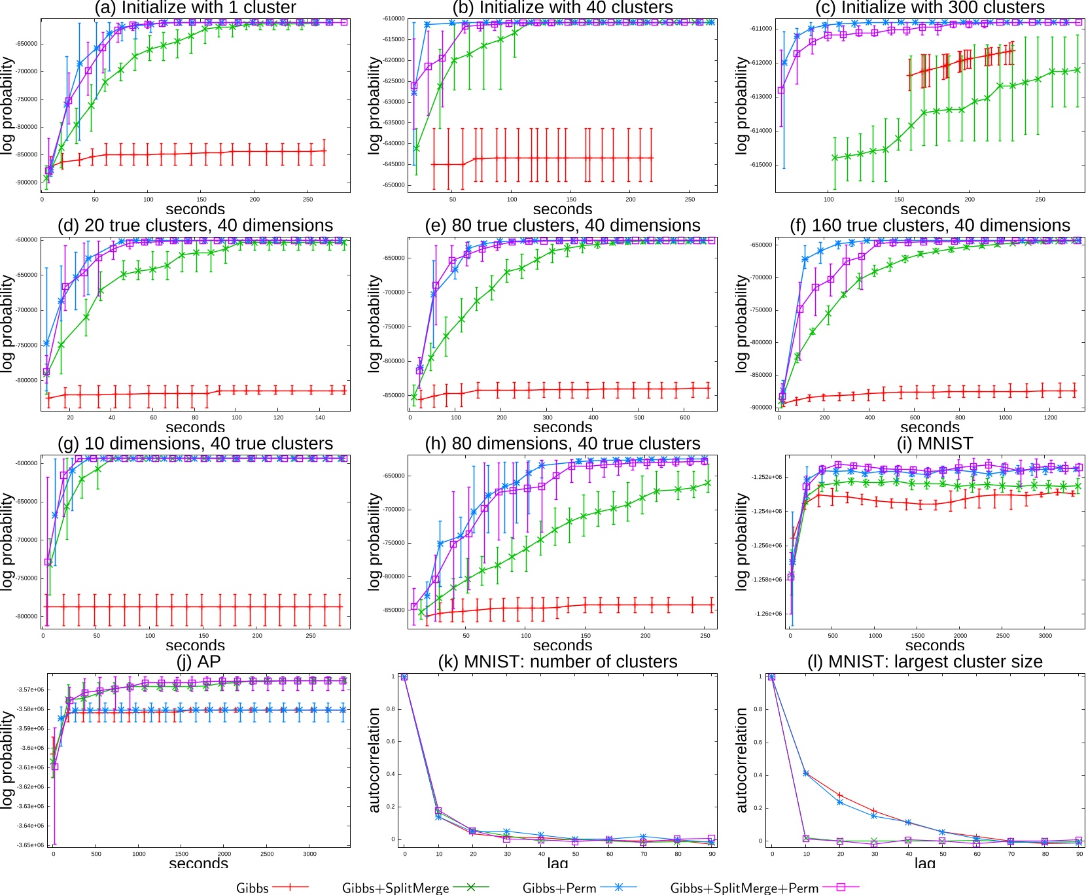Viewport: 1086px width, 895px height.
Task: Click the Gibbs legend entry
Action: (x=253, y=888)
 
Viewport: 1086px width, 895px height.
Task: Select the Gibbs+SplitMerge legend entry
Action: (x=395, y=888)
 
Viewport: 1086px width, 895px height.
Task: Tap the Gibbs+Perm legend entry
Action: (x=559, y=888)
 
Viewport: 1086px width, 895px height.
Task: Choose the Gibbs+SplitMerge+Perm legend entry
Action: (x=744, y=888)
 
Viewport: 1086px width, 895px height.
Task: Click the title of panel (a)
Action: (x=195, y=8)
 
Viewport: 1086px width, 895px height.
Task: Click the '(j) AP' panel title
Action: (x=198, y=661)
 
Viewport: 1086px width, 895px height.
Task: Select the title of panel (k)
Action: (x=557, y=661)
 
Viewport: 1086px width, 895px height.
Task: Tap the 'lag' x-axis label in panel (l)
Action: (x=924, y=864)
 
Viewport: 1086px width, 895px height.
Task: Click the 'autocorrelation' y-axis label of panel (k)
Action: (x=374, y=760)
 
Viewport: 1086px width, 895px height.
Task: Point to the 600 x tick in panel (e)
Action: (x=685, y=417)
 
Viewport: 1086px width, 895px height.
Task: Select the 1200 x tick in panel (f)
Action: (x=1051, y=417)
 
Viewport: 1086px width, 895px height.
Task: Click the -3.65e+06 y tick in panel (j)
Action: (x=31, y=845)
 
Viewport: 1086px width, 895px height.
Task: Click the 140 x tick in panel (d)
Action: (x=320, y=417)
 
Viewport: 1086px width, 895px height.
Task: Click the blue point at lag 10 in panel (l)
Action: (x=806, y=773)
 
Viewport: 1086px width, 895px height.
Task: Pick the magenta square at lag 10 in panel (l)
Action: (x=806, y=838)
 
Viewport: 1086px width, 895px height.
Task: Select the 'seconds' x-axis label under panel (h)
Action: (x=562, y=645)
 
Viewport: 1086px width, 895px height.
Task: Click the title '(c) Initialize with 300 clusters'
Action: (x=930, y=8)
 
